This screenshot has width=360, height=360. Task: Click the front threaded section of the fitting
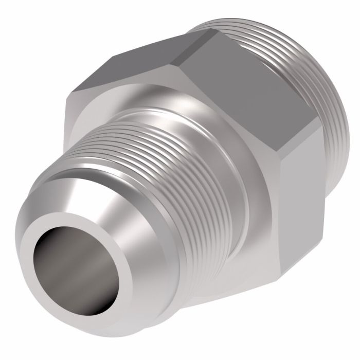click(170, 170)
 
